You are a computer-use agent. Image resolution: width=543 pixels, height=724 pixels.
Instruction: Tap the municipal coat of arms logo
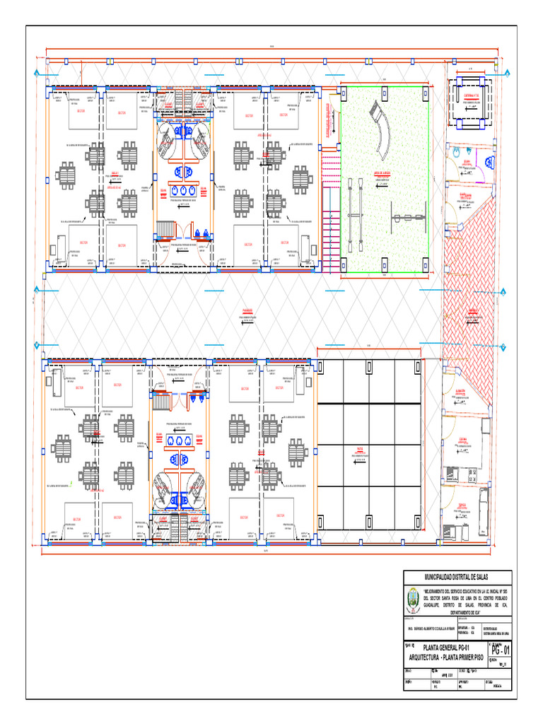pyautogui.click(x=412, y=602)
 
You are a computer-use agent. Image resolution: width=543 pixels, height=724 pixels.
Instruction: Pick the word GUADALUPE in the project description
pyautogui.click(x=436, y=605)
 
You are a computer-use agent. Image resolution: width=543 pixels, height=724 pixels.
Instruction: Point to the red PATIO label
pyautogui.click(x=359, y=448)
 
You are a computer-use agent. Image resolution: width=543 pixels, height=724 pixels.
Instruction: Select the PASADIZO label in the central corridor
pyautogui.click(x=248, y=310)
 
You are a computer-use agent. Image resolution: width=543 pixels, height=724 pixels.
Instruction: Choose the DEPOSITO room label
pyautogui.click(x=462, y=505)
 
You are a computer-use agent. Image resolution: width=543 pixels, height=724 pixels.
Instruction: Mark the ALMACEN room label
pyautogui.click(x=460, y=390)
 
